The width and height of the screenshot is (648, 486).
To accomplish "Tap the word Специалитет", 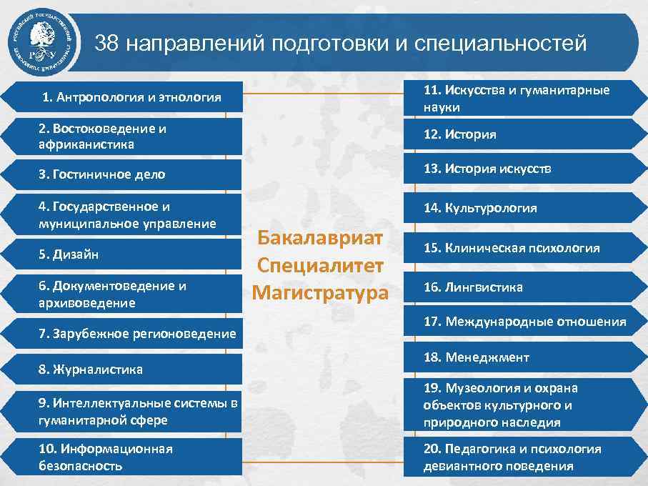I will (x=320, y=265).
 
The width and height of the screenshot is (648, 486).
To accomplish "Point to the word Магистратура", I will (x=320, y=293).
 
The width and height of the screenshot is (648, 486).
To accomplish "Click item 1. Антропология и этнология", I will (x=131, y=97).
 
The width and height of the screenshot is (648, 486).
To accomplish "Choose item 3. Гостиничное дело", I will (x=102, y=174).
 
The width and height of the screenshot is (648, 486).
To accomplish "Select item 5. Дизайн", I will (x=69, y=254).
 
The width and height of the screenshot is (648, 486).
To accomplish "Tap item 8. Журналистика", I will (x=91, y=370).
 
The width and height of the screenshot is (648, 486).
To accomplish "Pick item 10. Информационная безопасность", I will (x=106, y=457).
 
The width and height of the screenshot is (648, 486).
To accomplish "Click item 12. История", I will (x=459, y=134).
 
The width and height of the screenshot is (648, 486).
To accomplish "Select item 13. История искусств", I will (x=487, y=169).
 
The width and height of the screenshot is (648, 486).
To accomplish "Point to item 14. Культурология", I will (x=479, y=208).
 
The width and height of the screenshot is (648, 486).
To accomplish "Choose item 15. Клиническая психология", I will (x=511, y=248).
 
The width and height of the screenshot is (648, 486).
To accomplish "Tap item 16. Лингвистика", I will (x=473, y=287).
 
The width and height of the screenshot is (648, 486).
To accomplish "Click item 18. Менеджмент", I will (x=476, y=357).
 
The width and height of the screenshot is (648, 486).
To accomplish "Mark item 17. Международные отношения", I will (x=524, y=322).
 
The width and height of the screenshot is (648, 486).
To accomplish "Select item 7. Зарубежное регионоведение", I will (x=137, y=334).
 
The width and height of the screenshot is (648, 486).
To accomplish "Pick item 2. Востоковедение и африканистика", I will (x=103, y=136).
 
